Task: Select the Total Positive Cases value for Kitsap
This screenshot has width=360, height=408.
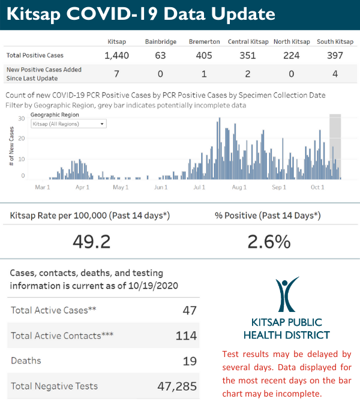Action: tap(116, 56)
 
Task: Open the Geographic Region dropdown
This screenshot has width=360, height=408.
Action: tap(68, 124)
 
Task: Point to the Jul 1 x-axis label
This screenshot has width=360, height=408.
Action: tap(199, 187)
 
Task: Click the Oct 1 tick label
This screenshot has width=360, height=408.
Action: tap(317, 187)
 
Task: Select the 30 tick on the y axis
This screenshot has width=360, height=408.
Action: tap(21, 118)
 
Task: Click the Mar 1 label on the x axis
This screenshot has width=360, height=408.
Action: tap(42, 187)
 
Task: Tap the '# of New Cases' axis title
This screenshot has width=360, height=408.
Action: tap(11, 147)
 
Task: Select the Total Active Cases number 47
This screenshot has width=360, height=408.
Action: tap(190, 310)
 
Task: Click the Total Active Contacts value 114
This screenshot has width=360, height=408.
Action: tap(186, 335)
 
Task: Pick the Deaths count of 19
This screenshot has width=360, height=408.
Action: tap(190, 361)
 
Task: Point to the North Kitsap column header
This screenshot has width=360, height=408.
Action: tap(292, 41)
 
